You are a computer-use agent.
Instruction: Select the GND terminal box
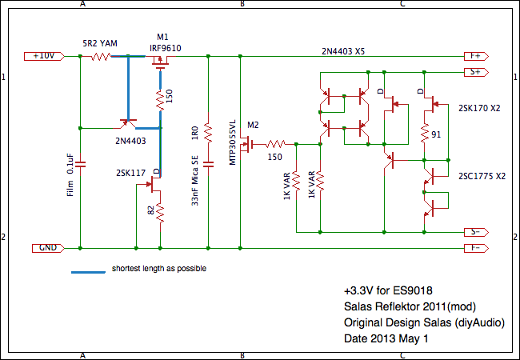coord(47,248)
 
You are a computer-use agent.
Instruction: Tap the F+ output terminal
coord(474,56)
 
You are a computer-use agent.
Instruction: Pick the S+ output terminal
coord(474,72)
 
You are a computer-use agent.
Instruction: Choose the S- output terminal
coord(474,232)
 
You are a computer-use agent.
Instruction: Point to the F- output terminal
coord(474,248)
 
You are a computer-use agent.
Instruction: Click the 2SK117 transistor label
coord(130,171)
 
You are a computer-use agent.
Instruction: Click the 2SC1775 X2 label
coord(482,175)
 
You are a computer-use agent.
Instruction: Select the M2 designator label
coord(254,126)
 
